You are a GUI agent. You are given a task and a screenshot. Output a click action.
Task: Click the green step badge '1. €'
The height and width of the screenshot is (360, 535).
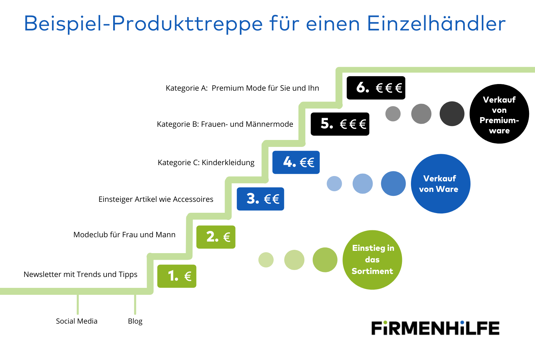coord(177,276)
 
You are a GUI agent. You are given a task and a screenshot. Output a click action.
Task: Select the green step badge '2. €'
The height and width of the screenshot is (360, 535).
coord(216,237)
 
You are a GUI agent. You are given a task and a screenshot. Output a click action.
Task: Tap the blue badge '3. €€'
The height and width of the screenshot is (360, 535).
coord(260,199)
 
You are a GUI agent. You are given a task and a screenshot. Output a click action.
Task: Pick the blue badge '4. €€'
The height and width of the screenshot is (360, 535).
coord(296,162)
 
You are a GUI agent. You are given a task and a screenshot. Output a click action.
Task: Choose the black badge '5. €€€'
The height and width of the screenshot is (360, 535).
coord(340,124)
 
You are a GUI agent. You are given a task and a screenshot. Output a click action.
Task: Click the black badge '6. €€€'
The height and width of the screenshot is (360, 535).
coord(376,88)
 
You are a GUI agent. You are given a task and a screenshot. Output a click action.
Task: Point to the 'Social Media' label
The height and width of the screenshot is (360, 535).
coord(77,321)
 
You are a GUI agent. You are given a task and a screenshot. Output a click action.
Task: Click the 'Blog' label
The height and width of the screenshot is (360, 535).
coord(135,321)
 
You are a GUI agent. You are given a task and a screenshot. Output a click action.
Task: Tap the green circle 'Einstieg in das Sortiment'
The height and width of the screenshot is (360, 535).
coord(372,260)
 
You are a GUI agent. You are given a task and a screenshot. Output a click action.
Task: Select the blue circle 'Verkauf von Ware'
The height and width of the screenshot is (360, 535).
coord(441,184)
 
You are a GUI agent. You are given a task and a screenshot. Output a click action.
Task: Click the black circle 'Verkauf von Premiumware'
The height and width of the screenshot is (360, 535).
coord(499,114)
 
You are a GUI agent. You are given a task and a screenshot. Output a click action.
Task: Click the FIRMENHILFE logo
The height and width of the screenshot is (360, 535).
coord(435,328)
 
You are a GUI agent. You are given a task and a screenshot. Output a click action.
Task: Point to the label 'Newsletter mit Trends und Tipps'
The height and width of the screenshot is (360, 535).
coord(80,275)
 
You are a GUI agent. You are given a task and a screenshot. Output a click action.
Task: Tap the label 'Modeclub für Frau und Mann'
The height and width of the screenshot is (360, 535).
coord(124,235)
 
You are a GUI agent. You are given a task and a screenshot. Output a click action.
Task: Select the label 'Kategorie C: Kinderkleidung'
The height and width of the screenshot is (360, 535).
coord(206,163)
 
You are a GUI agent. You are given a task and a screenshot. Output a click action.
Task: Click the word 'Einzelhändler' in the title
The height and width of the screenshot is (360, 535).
coord(436,23)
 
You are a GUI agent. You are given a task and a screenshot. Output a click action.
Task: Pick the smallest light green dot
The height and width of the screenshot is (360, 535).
coord(266,260)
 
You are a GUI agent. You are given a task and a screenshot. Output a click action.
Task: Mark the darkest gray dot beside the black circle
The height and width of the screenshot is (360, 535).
coord(452,114)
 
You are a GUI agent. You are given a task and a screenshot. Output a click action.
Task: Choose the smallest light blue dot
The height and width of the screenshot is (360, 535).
coord(334,183)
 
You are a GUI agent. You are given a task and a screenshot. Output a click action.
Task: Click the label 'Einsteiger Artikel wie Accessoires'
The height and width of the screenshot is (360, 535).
coord(156,199)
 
